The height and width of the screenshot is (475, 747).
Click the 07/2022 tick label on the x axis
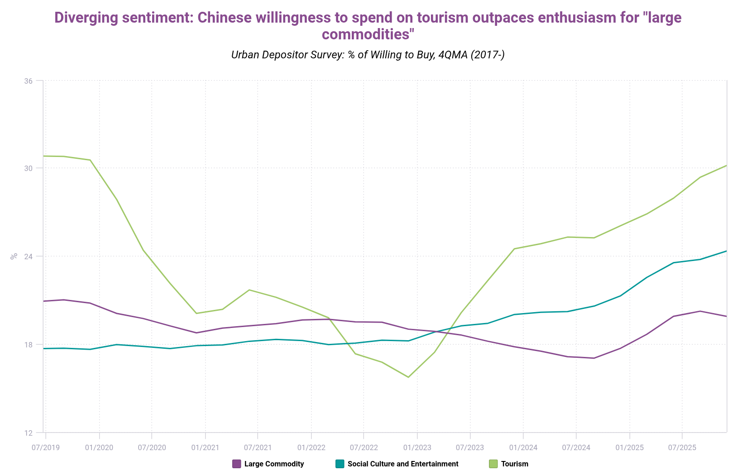[x=364, y=447]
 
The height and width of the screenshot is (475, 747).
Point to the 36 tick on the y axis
[x=29, y=81]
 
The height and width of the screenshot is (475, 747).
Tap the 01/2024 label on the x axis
[x=523, y=447]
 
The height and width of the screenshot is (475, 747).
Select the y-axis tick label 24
[x=29, y=256]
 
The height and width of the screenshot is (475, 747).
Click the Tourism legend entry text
[x=514, y=464]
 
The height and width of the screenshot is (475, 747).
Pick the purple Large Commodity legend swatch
[x=236, y=464]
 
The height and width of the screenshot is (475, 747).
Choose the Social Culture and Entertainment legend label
[x=402, y=464]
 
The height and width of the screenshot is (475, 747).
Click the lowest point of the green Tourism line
[x=408, y=377]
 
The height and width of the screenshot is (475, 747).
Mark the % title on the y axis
[x=14, y=256]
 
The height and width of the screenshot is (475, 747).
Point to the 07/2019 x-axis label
[x=45, y=447]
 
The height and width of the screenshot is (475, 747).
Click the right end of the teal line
[x=726, y=251]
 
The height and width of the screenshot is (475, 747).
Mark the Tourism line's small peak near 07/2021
[x=249, y=290]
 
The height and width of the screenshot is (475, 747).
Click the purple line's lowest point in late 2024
[x=594, y=358]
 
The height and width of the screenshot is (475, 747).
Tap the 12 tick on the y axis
[x=29, y=432]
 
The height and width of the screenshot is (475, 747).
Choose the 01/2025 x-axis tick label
[x=629, y=447]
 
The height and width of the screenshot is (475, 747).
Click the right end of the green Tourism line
[x=726, y=166]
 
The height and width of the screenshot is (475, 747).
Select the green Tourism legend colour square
[x=493, y=464]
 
